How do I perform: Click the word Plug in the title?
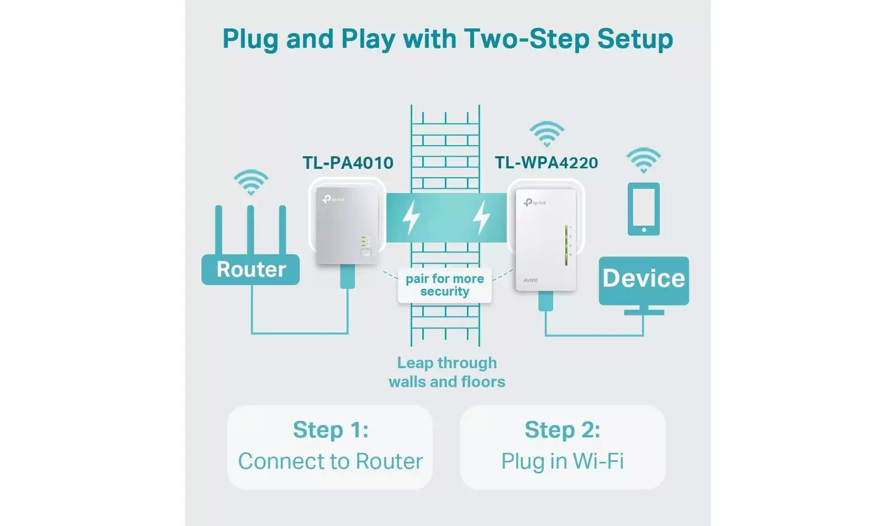click(x=250, y=39)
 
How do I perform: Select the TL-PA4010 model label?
click(x=348, y=163)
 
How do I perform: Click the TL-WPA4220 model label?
click(x=546, y=163)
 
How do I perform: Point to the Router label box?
click(x=251, y=270)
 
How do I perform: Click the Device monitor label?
click(x=643, y=279)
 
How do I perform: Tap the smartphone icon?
click(x=643, y=209)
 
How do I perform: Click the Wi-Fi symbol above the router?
click(x=251, y=182)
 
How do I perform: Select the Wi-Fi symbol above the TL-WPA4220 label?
click(x=547, y=134)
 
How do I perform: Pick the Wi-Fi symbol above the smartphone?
click(x=643, y=160)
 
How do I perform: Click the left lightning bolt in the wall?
click(x=410, y=217)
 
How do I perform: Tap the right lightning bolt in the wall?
click(x=481, y=217)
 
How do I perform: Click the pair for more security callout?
click(x=444, y=285)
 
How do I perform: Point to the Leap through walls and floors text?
click(x=447, y=372)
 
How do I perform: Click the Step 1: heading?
click(x=330, y=430)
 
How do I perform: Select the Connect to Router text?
click(x=330, y=461)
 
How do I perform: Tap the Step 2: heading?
click(x=562, y=430)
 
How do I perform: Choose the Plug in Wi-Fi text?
click(x=562, y=461)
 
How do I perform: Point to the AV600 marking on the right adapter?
click(x=530, y=280)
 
